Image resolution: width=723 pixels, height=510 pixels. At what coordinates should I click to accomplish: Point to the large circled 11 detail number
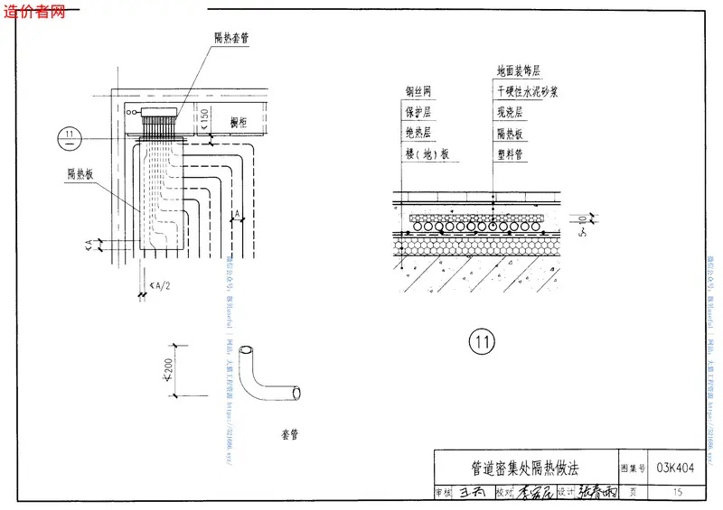click(483, 341)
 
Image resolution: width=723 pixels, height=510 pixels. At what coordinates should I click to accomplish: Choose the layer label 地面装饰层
click(518, 70)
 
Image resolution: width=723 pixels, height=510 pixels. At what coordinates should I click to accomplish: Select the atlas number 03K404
click(676, 468)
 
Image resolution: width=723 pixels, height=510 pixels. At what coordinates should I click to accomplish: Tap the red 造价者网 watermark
click(35, 12)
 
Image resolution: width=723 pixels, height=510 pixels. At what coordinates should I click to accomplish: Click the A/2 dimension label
click(161, 286)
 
